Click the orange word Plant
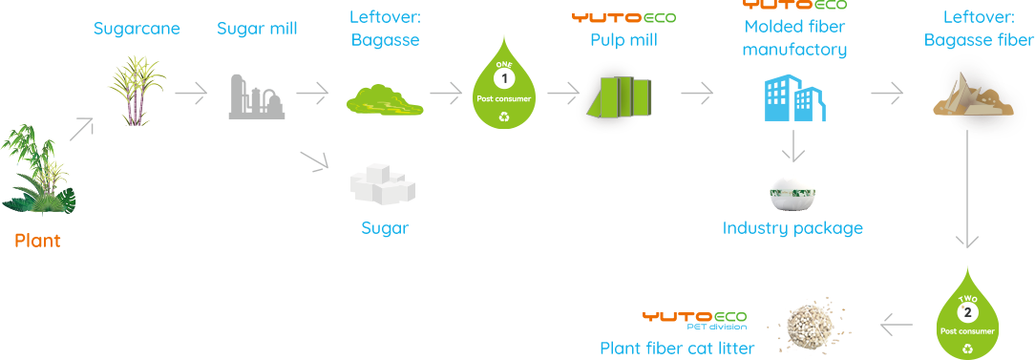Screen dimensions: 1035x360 click(37, 241)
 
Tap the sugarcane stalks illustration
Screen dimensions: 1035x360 click(136, 91)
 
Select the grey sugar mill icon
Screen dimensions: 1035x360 click(257, 96)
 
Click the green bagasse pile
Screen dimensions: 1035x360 click(385, 99)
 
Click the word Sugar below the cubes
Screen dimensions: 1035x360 click(386, 228)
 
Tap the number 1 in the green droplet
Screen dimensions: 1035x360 click(505, 78)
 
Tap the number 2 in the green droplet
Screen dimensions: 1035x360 click(967, 312)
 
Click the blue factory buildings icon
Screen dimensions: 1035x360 click(795, 97)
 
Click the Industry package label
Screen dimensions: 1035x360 click(792, 228)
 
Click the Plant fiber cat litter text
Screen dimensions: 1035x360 click(677, 349)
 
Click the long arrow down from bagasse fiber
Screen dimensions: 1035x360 click(967, 189)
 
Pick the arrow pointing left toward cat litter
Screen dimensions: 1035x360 click(898, 325)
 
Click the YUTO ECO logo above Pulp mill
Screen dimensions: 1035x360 click(623, 18)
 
